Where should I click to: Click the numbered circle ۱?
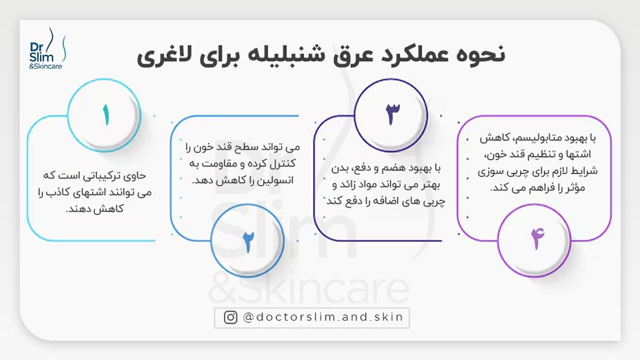pyautogui.click(x=106, y=115)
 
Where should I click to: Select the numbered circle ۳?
pyautogui.click(x=392, y=115)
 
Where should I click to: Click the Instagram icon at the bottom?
pyautogui.click(x=230, y=317)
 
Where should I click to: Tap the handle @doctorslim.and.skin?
pyautogui.click(x=323, y=317)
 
